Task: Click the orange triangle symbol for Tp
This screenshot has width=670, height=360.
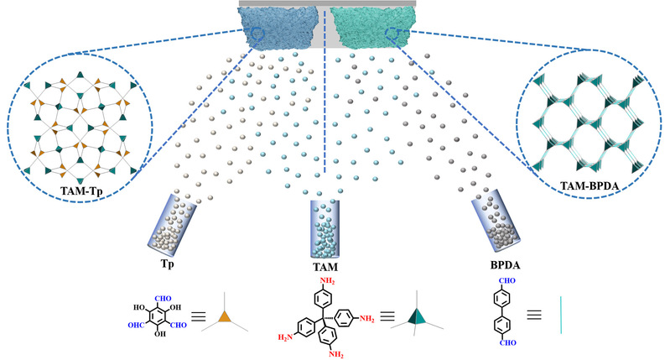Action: (x=223, y=316)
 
